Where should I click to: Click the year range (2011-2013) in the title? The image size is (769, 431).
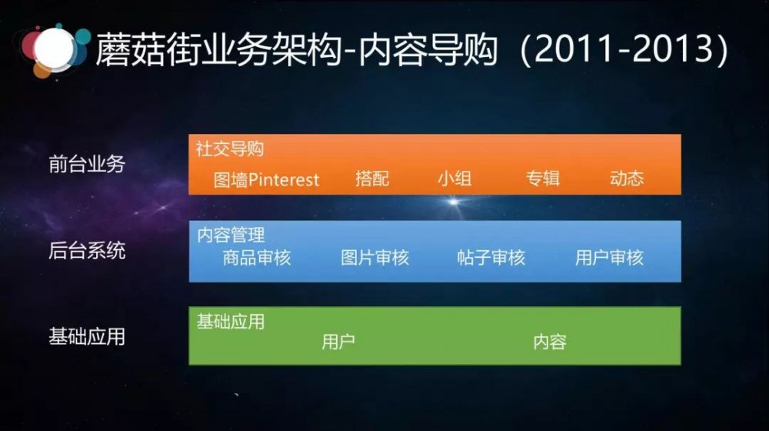623,50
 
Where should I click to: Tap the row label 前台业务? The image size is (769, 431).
86,164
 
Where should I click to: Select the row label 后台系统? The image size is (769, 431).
86,250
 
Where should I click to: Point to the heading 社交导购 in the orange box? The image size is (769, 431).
230,149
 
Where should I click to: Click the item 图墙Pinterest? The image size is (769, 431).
266,179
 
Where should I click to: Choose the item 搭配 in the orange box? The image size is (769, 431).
372,179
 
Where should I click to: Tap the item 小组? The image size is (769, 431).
454,179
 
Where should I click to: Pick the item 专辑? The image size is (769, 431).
543,179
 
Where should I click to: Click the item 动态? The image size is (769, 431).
626,179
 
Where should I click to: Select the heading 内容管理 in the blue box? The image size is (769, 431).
231,235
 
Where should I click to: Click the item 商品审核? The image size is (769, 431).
257,258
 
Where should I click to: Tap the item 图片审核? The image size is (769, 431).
375,258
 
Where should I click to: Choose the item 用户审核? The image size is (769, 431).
609,258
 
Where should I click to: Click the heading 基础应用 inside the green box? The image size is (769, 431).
230,321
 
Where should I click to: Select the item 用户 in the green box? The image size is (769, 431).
338,342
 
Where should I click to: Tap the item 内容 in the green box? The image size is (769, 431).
550,342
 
